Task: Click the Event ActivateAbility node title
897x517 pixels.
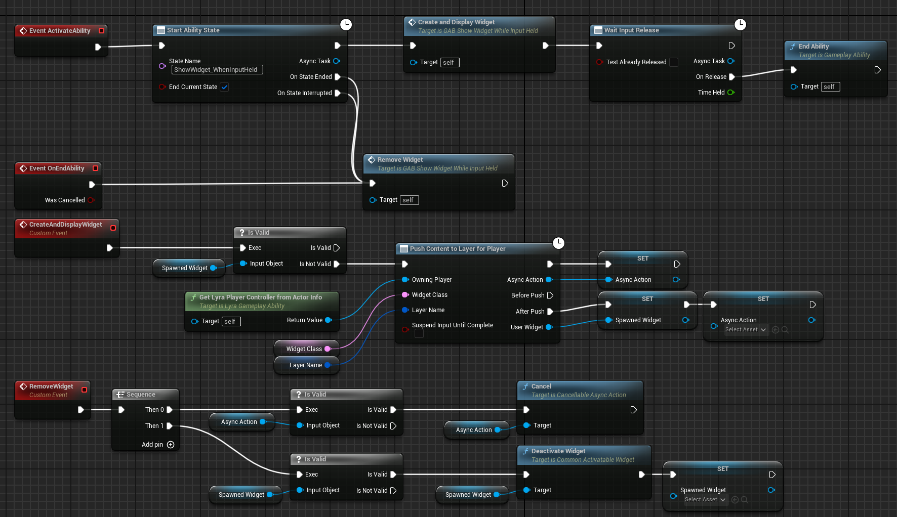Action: pyautogui.click(x=60, y=31)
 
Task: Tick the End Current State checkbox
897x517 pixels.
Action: pyautogui.click(x=224, y=87)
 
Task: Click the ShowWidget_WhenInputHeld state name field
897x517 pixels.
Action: pyautogui.click(x=217, y=70)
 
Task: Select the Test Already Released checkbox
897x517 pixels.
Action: pyautogui.click(x=674, y=62)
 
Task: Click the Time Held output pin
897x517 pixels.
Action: pyautogui.click(x=731, y=93)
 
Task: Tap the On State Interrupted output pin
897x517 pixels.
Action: pyautogui.click(x=338, y=93)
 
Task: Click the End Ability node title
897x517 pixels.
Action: pyautogui.click(x=813, y=47)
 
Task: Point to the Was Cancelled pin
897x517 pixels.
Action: pyautogui.click(x=91, y=200)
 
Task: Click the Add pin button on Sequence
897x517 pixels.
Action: pyautogui.click(x=171, y=445)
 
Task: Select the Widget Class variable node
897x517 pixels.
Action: pyautogui.click(x=304, y=349)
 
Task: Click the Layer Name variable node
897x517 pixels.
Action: pyautogui.click(x=306, y=365)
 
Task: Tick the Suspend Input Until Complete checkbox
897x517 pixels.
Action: pyautogui.click(x=419, y=334)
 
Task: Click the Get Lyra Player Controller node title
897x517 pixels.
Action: pyautogui.click(x=260, y=297)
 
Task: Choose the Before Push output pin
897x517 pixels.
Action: pyautogui.click(x=550, y=295)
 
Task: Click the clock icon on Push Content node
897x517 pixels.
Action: pyautogui.click(x=558, y=243)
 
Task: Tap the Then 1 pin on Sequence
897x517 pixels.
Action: pyautogui.click(x=170, y=426)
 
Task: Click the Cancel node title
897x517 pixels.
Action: pyautogui.click(x=541, y=386)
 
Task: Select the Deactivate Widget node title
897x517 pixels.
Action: pyautogui.click(x=558, y=451)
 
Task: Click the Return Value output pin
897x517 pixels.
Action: pyautogui.click(x=328, y=320)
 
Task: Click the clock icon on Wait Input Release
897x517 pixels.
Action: pyautogui.click(x=740, y=24)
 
